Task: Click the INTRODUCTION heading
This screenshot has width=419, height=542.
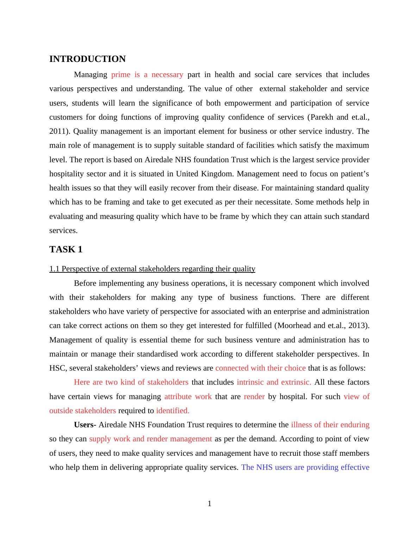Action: point(87,59)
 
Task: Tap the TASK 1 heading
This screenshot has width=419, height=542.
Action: point(66,250)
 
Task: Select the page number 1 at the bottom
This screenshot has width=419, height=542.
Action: point(210,504)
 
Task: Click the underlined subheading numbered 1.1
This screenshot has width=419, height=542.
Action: point(152,269)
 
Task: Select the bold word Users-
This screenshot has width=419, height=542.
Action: point(85,425)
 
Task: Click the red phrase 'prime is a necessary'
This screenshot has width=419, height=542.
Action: point(147,75)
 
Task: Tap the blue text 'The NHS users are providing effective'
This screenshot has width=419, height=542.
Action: point(305,467)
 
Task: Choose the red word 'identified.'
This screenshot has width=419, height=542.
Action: point(173,411)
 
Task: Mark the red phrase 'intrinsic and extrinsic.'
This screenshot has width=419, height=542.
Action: point(274,382)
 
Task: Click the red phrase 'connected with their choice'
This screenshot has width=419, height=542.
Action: point(261,368)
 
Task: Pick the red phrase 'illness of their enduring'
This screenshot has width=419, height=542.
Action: point(330,425)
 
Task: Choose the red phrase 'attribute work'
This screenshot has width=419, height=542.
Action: point(188,397)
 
